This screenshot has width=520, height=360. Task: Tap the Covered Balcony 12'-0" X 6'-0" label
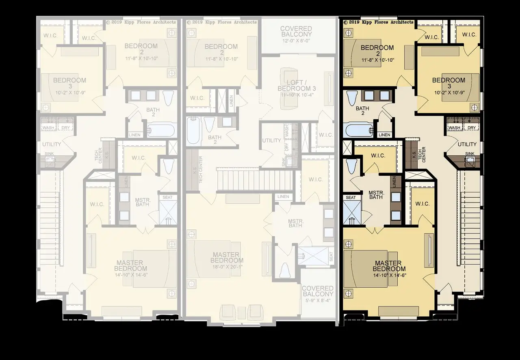(296, 32)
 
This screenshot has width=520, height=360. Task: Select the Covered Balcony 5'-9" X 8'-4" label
(318, 291)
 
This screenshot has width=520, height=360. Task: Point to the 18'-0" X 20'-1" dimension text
(227, 266)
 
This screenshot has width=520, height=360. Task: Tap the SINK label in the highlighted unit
(470, 154)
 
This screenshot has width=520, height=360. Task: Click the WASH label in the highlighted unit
(454, 128)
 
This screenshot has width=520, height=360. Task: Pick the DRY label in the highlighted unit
(471, 128)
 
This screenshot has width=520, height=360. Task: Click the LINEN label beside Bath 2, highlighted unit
(384, 135)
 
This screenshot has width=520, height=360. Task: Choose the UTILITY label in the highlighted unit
(467, 144)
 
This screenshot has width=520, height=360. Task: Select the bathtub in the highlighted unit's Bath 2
(359, 131)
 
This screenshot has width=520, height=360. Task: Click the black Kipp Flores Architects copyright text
(378, 22)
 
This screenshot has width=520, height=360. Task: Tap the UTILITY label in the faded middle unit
(271, 140)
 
